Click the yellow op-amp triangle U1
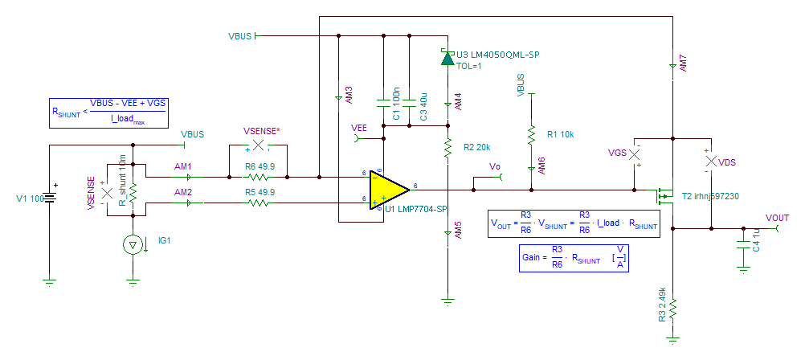(386, 190)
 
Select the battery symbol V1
(50, 198)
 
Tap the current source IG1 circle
(133, 245)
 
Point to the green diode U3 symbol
(447, 57)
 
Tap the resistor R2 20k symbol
(447, 147)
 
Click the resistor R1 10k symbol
(530, 134)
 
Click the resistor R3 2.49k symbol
(673, 306)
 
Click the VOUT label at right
(777, 218)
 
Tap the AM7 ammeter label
(683, 63)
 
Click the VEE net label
(360, 127)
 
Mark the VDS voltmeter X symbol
(709, 162)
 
